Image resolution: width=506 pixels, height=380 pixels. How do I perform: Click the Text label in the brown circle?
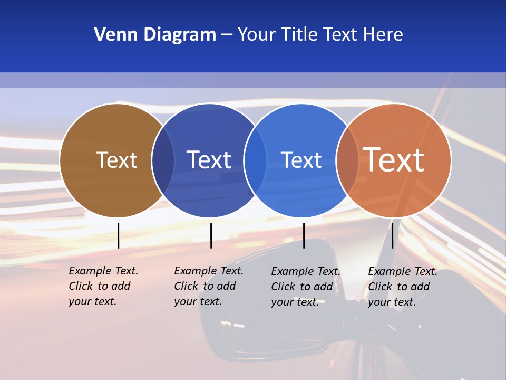[116, 160]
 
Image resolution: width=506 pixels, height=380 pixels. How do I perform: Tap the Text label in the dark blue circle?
[209, 160]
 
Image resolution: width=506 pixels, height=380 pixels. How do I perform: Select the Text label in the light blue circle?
[301, 160]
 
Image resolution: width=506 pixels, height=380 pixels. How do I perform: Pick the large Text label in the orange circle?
[394, 160]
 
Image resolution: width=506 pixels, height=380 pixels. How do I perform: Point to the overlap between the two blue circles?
[255, 160]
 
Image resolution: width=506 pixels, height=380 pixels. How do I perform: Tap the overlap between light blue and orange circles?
[347, 160]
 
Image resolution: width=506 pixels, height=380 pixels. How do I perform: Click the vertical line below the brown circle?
[118, 235]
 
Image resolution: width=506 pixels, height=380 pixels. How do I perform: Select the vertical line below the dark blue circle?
[211, 235]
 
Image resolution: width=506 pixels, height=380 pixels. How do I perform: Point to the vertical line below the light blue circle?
[304, 235]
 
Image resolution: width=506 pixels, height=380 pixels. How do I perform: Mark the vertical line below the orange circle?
[392, 235]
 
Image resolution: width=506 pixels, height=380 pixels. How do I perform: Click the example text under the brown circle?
[103, 286]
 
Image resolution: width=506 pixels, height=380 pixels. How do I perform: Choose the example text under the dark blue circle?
[208, 286]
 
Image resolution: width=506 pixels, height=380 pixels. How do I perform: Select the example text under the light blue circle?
[305, 287]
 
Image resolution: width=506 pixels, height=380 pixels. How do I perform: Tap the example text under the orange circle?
[402, 287]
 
